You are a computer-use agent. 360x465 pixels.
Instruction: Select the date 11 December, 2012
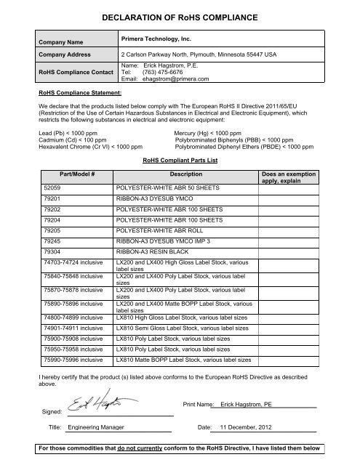[250, 429]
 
